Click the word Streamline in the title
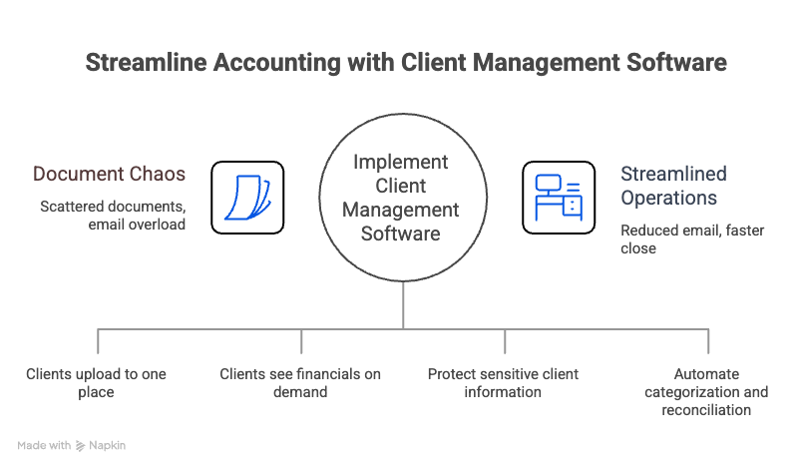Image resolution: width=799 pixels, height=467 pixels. pos(134,62)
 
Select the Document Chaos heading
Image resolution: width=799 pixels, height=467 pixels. pos(110,174)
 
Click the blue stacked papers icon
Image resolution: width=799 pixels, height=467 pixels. pos(245,197)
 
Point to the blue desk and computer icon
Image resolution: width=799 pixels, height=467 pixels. pos(558,197)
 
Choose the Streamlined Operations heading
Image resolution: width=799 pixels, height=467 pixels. pos(673,186)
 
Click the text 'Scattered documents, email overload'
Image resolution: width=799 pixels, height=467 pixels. pos(114,216)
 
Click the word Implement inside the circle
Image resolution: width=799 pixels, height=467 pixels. pos(401,163)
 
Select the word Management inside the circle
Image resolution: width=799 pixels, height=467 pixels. pos(401,210)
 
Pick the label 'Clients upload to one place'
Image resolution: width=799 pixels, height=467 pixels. pos(96,383)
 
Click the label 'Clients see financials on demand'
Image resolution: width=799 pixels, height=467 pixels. pos(300,383)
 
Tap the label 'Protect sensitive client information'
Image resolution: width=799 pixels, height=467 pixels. pos(503,383)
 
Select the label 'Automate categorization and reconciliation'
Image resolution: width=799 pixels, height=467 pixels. pos(706,392)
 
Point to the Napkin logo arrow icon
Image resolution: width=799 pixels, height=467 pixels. pos(80,446)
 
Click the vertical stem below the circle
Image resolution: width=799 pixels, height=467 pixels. pos(403,305)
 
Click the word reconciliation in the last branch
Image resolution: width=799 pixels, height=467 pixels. pos(706,410)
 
